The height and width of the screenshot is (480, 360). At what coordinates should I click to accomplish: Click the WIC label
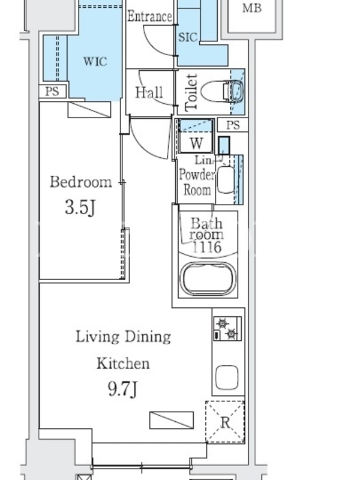95,62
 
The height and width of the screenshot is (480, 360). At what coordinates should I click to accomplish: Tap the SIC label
188,37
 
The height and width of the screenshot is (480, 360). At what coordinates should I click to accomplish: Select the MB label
252,8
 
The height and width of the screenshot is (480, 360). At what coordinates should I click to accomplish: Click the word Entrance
149,16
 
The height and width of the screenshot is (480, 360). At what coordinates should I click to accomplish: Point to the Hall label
149,92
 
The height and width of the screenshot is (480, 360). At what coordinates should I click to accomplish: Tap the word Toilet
191,92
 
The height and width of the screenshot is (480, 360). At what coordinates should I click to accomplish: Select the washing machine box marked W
196,136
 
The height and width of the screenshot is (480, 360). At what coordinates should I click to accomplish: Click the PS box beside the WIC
52,92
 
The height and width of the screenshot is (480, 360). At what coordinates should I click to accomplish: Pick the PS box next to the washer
233,125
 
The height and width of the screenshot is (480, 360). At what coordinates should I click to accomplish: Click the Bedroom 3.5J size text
80,207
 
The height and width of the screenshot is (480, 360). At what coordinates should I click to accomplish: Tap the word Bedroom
81,182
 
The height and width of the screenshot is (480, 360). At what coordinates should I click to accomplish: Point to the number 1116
206,247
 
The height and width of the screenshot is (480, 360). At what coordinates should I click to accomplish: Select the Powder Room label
197,182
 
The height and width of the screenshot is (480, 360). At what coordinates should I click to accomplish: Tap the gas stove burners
227,329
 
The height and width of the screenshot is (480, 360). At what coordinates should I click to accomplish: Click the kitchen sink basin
227,377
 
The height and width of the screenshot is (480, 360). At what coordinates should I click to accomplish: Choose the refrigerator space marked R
225,422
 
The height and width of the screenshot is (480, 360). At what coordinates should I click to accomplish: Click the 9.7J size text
123,389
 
